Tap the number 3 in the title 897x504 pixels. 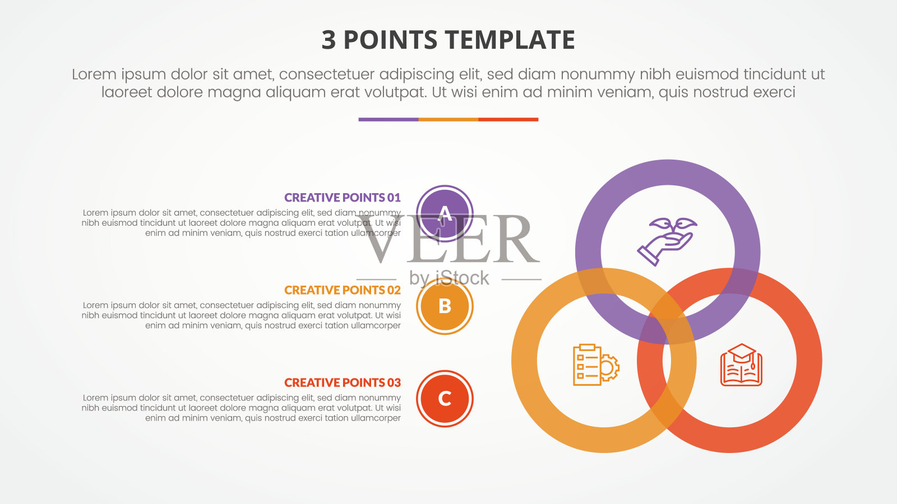click(x=329, y=40)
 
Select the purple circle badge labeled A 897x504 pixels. click(x=445, y=213)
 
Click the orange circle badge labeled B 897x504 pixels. click(x=445, y=306)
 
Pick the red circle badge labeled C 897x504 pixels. click(x=445, y=398)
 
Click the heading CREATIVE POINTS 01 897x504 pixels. click(x=343, y=198)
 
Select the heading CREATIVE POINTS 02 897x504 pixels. click(x=343, y=290)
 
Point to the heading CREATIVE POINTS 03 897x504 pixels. click(x=343, y=382)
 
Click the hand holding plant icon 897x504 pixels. click(x=667, y=241)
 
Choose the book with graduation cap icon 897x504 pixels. click(x=741, y=365)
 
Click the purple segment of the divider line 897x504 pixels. click(x=389, y=120)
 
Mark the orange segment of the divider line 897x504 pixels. click(x=449, y=120)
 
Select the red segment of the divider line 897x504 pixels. click(x=508, y=120)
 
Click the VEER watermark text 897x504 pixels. click(x=449, y=239)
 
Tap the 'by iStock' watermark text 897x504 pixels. click(x=449, y=278)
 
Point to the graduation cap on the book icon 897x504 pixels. click(x=742, y=353)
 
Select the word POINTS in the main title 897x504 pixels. click(x=390, y=40)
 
